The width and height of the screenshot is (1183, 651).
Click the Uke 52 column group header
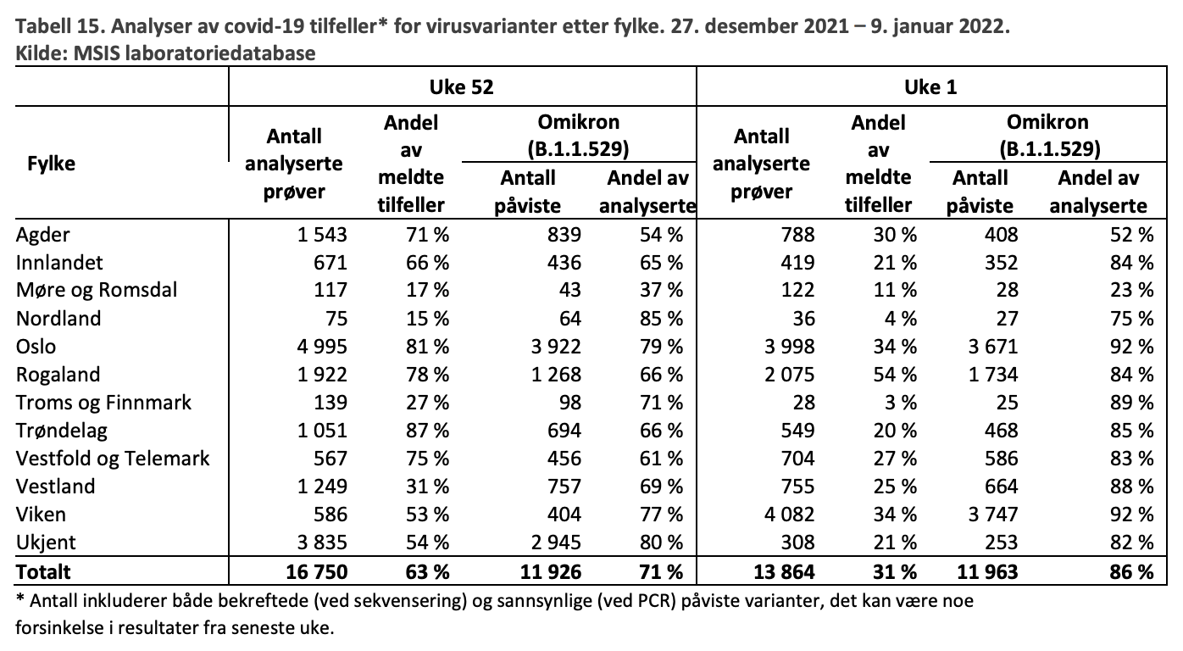point(461,87)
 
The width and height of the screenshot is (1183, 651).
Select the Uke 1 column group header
point(930,87)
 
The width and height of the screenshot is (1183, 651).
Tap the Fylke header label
point(51,164)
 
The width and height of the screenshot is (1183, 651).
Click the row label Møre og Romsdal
point(97,290)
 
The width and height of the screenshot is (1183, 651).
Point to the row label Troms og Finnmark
point(103,403)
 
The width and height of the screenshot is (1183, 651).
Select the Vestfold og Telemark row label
point(113,458)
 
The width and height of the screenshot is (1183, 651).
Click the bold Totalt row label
point(43,571)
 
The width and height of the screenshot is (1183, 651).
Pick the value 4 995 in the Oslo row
point(322,347)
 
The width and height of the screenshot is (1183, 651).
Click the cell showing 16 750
point(317,571)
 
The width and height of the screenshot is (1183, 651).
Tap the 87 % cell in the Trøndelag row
point(427,431)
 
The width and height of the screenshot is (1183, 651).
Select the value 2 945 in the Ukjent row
point(556,542)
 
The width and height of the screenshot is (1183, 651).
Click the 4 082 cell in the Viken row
point(789,515)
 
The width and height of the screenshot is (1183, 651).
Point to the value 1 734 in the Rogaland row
point(992,375)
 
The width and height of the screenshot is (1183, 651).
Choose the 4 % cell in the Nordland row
point(901,319)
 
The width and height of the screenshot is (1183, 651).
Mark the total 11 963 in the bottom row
point(987,571)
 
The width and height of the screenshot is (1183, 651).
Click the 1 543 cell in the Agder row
point(322,235)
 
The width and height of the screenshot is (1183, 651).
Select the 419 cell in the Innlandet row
point(797,263)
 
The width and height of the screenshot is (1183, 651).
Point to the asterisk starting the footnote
point(20,598)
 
